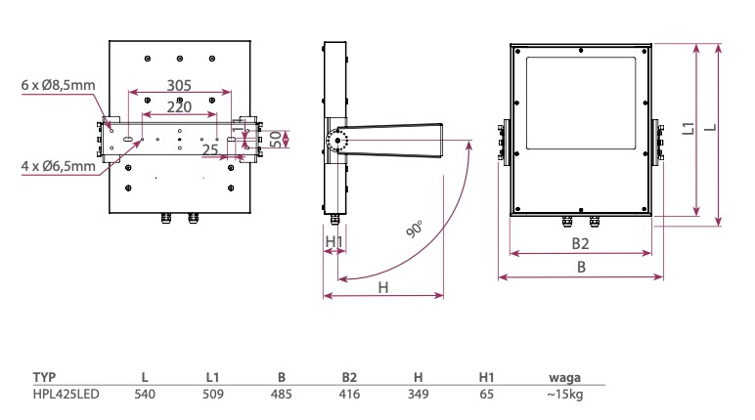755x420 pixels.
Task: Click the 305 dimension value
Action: point(179,86)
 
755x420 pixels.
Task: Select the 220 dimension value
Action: point(179,106)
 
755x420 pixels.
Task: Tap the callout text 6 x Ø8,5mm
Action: point(59,86)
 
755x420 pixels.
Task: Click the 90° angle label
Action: point(415,231)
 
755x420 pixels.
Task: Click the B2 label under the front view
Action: point(580,242)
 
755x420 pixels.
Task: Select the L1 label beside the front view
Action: point(688,128)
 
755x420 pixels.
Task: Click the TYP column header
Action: point(45,377)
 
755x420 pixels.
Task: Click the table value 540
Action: point(145,394)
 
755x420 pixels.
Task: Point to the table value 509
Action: point(213,394)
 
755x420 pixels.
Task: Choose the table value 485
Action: point(281,394)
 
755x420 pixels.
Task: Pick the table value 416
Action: point(349,394)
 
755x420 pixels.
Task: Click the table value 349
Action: point(418,394)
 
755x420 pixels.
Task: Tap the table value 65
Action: point(487,394)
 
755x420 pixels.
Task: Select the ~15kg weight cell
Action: point(565,394)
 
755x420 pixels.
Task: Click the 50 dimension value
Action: point(276,139)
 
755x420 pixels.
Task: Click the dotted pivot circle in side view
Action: point(340,142)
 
